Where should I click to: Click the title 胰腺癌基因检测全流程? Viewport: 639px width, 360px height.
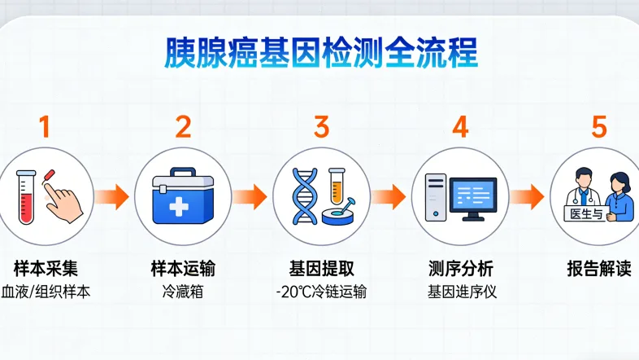pos(320,52)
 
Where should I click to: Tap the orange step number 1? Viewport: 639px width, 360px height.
pos(45,127)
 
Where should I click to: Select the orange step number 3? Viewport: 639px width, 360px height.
pos(321,127)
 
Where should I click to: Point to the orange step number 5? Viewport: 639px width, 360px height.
pos(598,127)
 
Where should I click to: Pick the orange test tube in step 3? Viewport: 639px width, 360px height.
pos(336,187)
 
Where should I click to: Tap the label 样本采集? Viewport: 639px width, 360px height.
pos(46,268)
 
